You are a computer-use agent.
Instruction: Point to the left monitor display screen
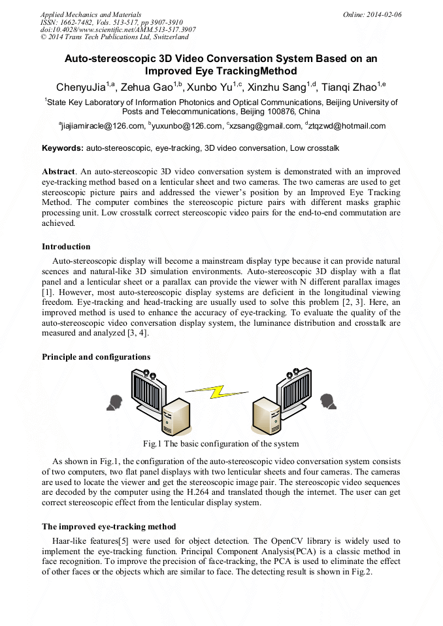point(150,392)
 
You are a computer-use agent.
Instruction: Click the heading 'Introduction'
point(66,247)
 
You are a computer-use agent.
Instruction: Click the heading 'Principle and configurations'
point(96,357)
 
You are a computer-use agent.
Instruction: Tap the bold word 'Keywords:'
point(63,148)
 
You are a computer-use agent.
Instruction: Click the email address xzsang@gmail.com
point(261,126)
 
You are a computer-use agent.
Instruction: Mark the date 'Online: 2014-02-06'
point(372,14)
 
